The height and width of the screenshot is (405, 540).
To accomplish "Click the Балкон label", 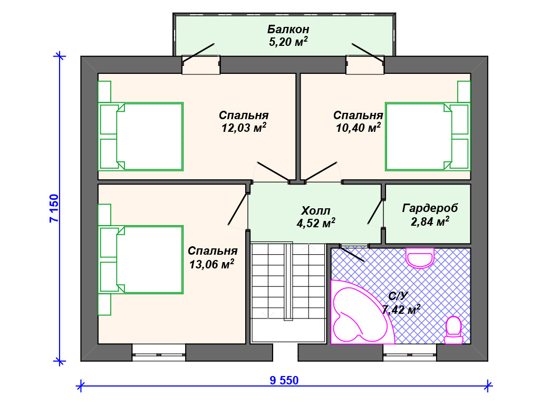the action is [288, 29].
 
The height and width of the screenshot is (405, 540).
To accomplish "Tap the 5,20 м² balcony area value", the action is [288, 42].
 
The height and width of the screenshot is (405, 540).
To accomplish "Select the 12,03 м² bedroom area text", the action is [244, 128].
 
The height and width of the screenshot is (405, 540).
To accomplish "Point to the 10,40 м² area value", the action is [358, 128].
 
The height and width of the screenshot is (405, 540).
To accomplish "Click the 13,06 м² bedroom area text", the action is [212, 264].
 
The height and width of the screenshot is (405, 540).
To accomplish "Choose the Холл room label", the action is [316, 210].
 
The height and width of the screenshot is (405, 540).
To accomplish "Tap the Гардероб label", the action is [430, 208].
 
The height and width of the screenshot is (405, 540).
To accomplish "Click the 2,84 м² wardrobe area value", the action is [430, 221].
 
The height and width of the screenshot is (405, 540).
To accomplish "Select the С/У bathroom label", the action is [398, 296].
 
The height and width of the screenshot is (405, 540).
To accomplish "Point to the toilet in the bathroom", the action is [454, 331].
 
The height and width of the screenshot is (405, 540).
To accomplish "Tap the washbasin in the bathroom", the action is [420, 257].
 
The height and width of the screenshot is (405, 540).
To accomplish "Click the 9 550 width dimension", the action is [284, 381].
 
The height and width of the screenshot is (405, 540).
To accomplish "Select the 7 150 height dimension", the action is [54, 209].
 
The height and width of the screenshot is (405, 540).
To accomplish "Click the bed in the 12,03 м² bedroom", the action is [141, 137].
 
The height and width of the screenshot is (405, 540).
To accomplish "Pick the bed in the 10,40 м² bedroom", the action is [428, 137].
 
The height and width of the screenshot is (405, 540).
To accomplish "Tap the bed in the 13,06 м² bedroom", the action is [141, 259].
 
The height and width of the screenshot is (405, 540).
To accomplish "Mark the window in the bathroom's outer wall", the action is [410, 354].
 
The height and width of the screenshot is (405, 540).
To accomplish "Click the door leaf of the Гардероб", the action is [375, 211].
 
